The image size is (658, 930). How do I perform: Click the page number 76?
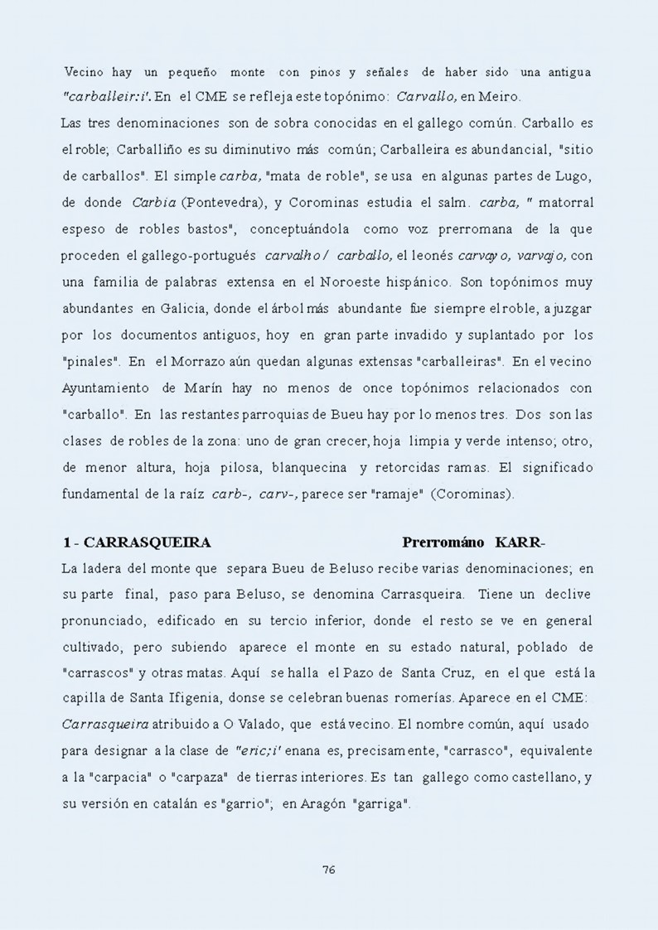(x=328, y=870)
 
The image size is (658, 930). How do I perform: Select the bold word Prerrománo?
(x=443, y=543)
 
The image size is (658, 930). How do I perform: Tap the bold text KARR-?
(x=520, y=543)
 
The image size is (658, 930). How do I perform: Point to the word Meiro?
(x=501, y=96)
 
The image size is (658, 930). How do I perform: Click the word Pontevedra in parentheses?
(x=210, y=203)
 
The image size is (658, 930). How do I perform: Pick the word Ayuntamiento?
(x=106, y=388)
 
